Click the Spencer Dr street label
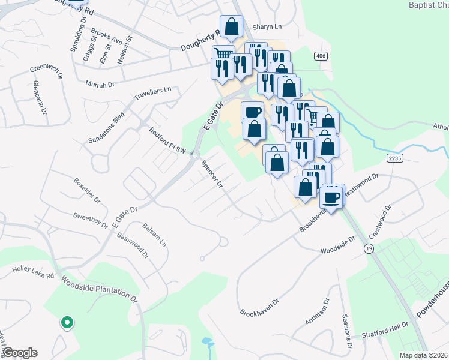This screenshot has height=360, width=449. pos(212,175)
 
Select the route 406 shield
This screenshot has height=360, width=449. pos(319,55)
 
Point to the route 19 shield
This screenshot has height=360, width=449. pos(369,248)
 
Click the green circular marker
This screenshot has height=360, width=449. pos(67,323)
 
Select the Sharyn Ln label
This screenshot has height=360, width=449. pos(267,27)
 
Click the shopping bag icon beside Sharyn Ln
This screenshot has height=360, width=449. pos(231,27)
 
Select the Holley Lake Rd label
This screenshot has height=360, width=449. pos(34,271)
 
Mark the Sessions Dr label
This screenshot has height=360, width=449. pos(346,332)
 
